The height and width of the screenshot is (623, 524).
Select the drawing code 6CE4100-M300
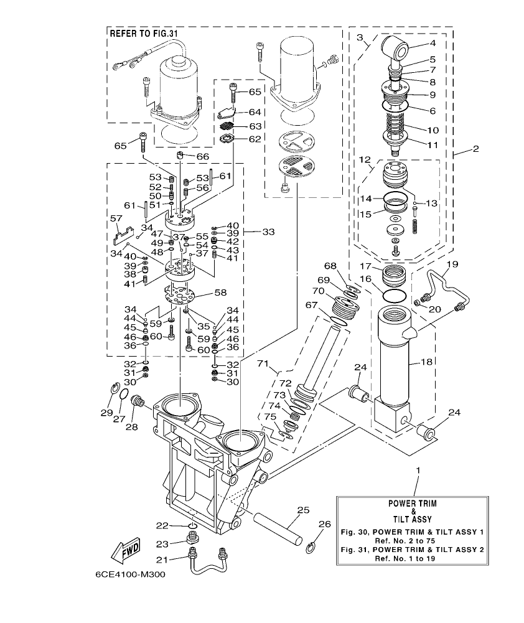[130, 574]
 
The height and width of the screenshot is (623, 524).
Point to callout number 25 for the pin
[302, 510]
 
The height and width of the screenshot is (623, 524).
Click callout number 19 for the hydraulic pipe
[452, 264]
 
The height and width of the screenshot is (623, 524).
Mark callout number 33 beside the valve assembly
[268, 232]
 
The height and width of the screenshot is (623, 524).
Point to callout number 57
[115, 218]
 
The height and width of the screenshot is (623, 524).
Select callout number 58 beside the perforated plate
[220, 292]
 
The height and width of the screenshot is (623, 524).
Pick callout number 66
[203, 156]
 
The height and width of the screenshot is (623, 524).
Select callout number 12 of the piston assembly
[365, 160]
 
